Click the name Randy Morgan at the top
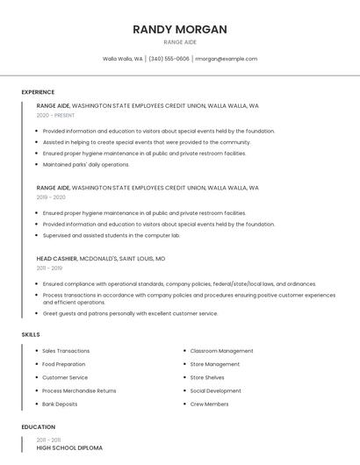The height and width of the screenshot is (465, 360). (180, 29)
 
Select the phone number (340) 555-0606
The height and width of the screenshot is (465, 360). (169, 59)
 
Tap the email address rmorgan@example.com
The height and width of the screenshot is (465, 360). (226, 59)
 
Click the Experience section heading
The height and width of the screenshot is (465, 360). (38, 92)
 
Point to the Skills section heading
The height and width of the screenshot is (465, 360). (31, 334)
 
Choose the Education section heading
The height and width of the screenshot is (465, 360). (37, 427)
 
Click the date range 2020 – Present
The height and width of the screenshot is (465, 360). (55, 115)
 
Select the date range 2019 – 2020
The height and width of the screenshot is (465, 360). (51, 197)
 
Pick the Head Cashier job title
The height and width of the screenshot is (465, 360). (57, 259)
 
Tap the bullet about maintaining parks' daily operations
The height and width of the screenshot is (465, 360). (86, 164)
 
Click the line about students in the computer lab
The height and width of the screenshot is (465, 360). (111, 235)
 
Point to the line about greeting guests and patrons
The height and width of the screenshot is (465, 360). (130, 313)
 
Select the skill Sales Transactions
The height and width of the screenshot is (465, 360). (66, 351)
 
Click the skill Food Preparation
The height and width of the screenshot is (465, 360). (63, 364)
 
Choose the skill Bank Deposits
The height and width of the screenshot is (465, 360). (60, 404)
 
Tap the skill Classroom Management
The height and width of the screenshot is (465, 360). (221, 351)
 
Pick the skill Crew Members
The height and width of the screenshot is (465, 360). (209, 404)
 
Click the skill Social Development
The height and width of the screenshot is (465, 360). (215, 391)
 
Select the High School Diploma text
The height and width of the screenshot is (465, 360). (69, 448)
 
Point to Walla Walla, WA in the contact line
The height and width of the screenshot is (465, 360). (123, 59)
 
